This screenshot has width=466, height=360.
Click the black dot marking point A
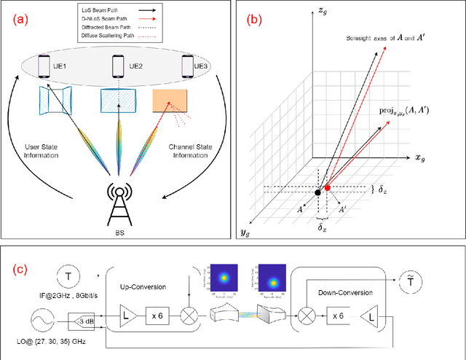(317, 192)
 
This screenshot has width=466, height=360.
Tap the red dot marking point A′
(327, 188)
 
